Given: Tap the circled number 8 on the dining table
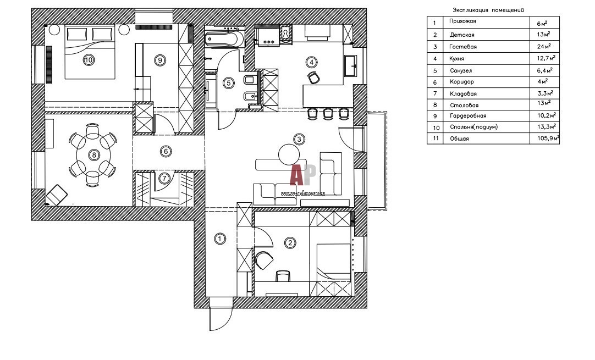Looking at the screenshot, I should coord(94,155).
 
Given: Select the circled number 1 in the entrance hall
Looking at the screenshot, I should coord(219,239).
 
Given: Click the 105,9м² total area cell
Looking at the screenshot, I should coord(548,139).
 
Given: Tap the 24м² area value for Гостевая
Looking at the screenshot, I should coord(544,47).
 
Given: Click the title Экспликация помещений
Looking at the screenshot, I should coord(487,10).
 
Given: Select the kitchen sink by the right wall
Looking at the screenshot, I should coord(350,67).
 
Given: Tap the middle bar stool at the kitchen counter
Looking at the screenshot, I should coord(329,113).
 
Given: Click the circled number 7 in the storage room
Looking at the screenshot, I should coord(163,178).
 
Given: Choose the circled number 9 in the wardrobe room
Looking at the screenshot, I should coord(159,60).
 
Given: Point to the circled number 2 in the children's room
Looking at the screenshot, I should coord(290,242).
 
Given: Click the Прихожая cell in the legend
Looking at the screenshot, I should coord(462,21).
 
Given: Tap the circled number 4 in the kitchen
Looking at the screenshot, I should coord(312,62).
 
